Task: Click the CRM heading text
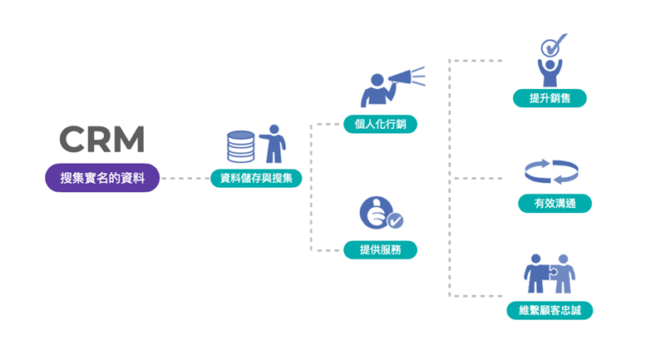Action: click(x=101, y=139)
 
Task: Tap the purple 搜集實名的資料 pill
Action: click(x=102, y=178)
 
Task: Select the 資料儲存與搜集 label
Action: click(x=256, y=178)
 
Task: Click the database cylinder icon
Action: click(x=240, y=146)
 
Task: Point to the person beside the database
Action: click(x=273, y=144)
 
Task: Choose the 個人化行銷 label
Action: click(x=380, y=124)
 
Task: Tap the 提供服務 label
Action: click(x=380, y=249)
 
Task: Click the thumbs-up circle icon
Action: click(x=377, y=212)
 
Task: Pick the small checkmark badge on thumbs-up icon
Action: click(x=396, y=220)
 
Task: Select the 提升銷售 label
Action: click(x=549, y=98)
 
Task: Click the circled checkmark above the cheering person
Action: click(x=551, y=46)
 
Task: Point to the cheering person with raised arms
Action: click(x=549, y=72)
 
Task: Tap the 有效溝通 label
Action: click(x=554, y=203)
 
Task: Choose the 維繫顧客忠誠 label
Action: click(x=549, y=310)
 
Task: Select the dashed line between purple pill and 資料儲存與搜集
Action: click(x=185, y=179)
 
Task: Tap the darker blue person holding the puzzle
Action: click(x=536, y=274)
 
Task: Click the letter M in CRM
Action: click(x=131, y=139)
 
